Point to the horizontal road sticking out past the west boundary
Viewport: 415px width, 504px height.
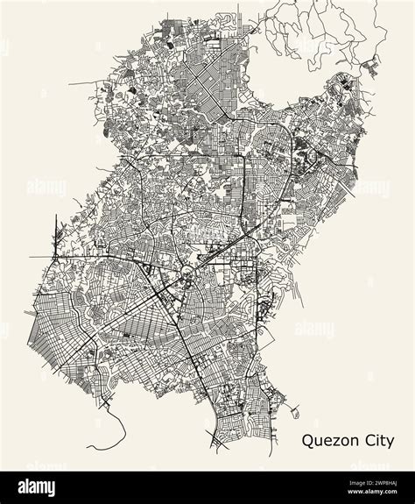(39, 257)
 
